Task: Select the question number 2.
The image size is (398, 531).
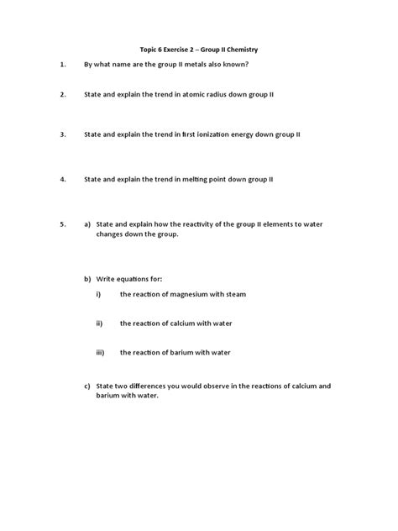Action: pos(62,96)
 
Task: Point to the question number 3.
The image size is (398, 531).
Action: pos(62,134)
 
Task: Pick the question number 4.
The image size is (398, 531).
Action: pos(62,179)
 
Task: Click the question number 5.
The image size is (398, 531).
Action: pos(62,225)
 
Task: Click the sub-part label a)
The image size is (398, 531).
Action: pos(87,225)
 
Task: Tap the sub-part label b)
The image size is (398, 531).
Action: pos(87,278)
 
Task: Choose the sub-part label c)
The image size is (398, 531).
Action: pos(87,386)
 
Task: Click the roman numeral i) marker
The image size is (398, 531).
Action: pos(98,295)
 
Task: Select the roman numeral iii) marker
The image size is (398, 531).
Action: pos(100,352)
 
